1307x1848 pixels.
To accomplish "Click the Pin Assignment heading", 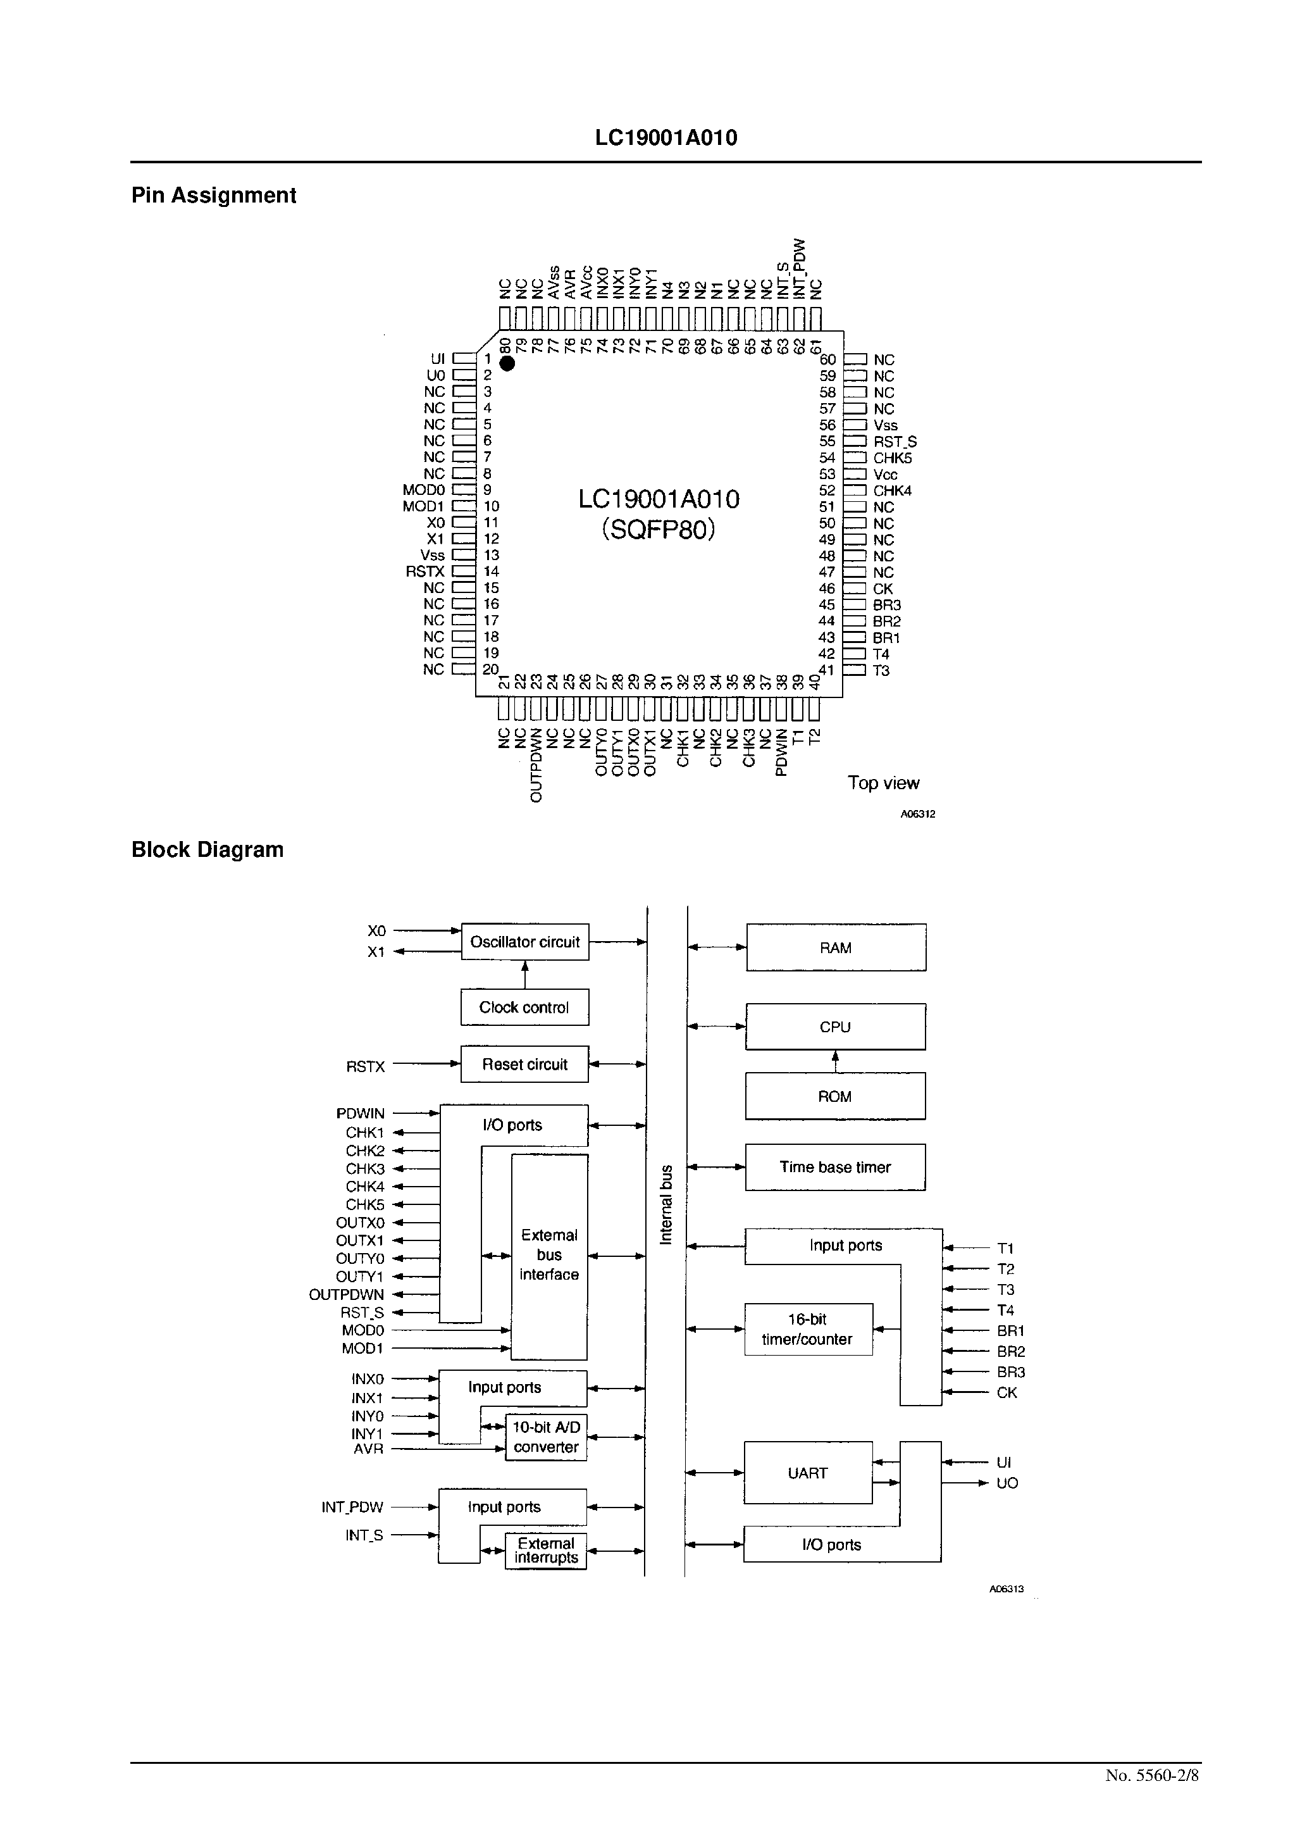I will (x=213, y=196).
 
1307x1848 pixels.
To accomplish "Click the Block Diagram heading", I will (x=207, y=850).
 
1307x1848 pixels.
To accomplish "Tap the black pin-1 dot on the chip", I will (x=507, y=364).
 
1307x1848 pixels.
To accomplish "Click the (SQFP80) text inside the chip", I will (x=659, y=530).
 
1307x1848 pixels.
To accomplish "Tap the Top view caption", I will (x=883, y=783).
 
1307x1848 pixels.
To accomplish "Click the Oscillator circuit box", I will (x=524, y=942).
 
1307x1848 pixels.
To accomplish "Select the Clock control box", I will (x=524, y=1008).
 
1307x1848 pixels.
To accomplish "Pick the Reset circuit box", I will (x=524, y=1064).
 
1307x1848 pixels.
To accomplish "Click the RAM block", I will (x=836, y=948).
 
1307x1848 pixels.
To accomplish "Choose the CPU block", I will (x=836, y=1027).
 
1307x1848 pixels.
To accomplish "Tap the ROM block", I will (x=836, y=1096).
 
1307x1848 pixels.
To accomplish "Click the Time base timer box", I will (x=836, y=1167).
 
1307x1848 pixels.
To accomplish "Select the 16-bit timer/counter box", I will (x=808, y=1330).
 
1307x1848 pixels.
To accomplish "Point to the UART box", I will (x=808, y=1473).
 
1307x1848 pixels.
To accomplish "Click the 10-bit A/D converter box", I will (x=546, y=1437).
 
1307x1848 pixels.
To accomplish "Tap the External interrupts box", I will (x=546, y=1550).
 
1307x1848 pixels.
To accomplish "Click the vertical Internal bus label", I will (x=666, y=1204).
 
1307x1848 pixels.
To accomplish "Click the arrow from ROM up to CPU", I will (x=836, y=1061).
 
